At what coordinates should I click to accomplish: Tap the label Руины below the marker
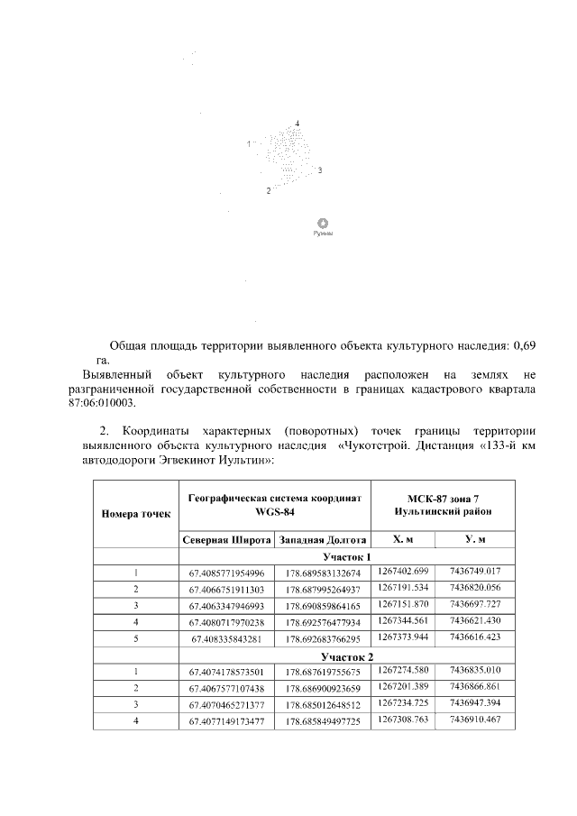coord(322,234)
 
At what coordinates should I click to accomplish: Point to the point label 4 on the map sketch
coord(297,123)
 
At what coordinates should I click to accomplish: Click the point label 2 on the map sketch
coord(268,190)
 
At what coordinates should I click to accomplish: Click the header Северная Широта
coord(227,540)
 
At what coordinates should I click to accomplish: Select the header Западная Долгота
coord(323,540)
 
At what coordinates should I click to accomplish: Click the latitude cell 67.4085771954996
coord(227,573)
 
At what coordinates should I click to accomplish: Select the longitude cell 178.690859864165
coord(323,605)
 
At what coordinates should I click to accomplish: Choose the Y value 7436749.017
coord(479,572)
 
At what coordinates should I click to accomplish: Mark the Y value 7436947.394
coord(479,703)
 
